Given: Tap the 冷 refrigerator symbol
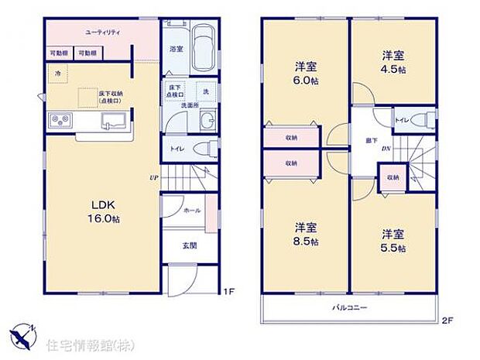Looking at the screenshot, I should click(57, 73).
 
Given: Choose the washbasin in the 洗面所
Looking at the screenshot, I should click(207, 121).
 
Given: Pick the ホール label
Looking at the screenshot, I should click(193, 211).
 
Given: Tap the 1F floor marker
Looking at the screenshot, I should click(228, 291).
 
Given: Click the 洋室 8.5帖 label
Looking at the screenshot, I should click(305, 234).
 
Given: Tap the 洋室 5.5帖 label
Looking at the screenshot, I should click(393, 239).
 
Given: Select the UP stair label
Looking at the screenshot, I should click(155, 178).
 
